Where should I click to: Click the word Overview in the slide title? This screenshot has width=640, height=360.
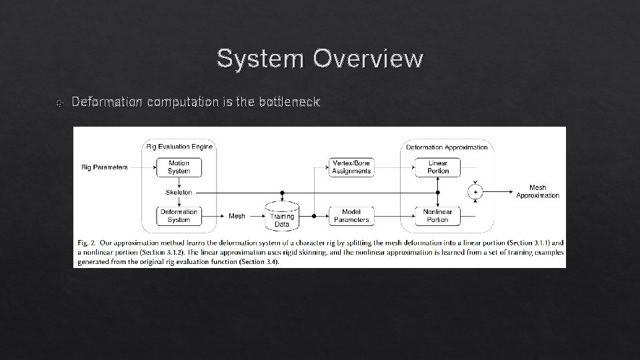[x=369, y=59]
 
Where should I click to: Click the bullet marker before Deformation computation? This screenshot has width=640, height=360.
[x=59, y=103]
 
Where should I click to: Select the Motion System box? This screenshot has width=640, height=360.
[x=179, y=167]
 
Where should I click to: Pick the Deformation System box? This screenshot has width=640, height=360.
[x=179, y=215]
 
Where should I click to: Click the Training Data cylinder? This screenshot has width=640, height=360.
[x=282, y=215]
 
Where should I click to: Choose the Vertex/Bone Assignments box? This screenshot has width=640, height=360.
[x=352, y=167]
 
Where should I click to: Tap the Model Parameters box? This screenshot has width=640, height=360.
[x=352, y=215]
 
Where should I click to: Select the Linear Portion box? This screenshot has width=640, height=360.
[x=438, y=167]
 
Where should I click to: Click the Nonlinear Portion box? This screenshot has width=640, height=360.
[x=438, y=215]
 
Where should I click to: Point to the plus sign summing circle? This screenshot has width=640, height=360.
[x=475, y=192]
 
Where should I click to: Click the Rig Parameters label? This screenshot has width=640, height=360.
[x=105, y=167]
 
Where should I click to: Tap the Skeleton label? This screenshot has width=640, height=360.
[x=179, y=192]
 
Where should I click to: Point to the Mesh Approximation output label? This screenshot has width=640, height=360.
[x=537, y=192]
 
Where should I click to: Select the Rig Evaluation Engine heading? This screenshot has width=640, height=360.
[x=179, y=147]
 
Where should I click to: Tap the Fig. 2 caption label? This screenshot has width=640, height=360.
[x=87, y=243]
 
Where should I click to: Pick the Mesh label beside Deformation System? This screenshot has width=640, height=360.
[x=237, y=215]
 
